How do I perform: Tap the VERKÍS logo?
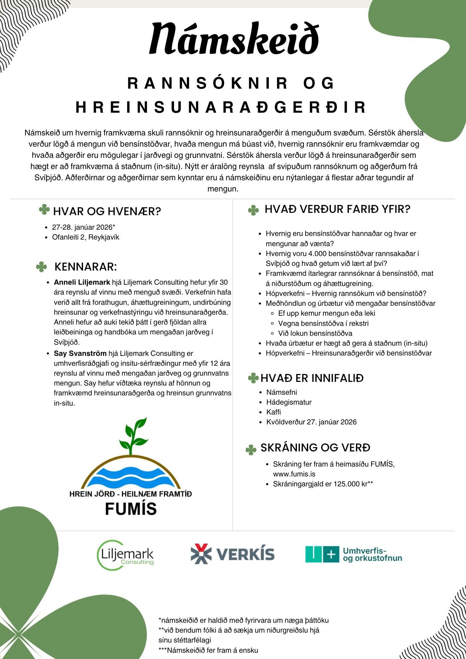coord(233,554)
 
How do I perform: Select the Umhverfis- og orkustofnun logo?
coord(354,554)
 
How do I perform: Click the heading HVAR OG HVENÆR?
coord(107,211)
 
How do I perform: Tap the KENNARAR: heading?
coord(85,267)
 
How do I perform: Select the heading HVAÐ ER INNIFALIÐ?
coord(312,378)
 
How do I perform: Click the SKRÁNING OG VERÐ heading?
coord(315,447)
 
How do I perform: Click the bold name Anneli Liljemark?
coord(82,282)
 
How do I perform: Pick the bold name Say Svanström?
coord(80,354)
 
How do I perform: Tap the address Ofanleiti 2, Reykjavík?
coord(86,237)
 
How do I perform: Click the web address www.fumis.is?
coord(294,474)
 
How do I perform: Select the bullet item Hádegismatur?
coord(289,402)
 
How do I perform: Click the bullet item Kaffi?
coord(274,412)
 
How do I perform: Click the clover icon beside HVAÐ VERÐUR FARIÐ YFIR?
coord(253,210)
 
